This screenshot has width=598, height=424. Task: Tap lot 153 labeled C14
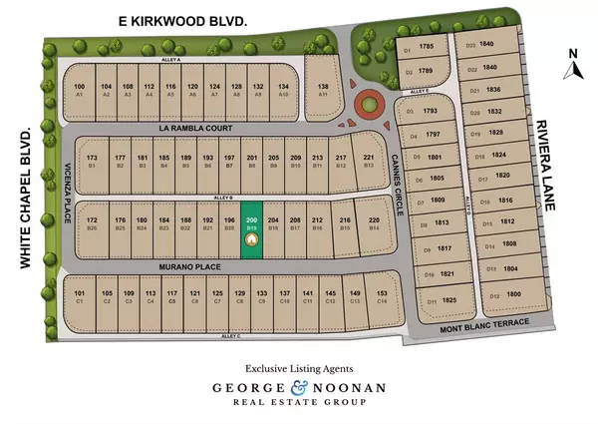[382, 297]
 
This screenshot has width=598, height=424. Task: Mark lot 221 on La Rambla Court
[369, 162]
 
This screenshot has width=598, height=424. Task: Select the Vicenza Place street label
[70, 186]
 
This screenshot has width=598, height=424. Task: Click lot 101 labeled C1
[80, 297]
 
